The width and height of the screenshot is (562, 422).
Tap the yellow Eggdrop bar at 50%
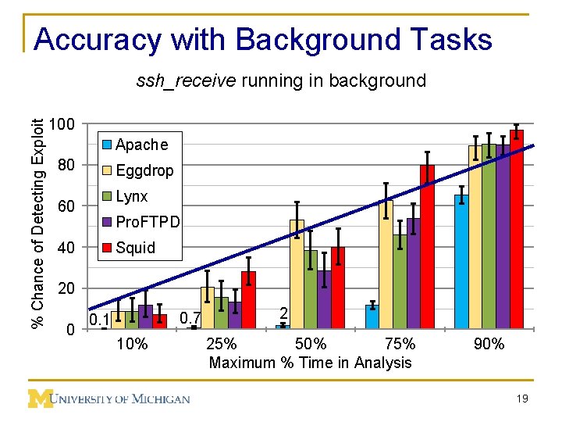pos(297,274)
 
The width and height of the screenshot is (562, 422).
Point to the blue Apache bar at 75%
pos(372,316)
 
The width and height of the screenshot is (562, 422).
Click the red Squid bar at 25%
pos(248,300)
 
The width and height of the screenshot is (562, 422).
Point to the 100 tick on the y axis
pos(62,125)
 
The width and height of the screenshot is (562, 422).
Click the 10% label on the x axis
pos(132,345)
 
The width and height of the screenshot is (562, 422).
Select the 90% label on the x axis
pos(489,345)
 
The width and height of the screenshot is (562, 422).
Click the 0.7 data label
pos(190,318)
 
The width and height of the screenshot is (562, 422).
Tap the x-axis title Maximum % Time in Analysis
pos(310,363)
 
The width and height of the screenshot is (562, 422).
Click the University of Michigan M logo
pos(40,399)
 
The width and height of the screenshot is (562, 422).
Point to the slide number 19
pos(522,399)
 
